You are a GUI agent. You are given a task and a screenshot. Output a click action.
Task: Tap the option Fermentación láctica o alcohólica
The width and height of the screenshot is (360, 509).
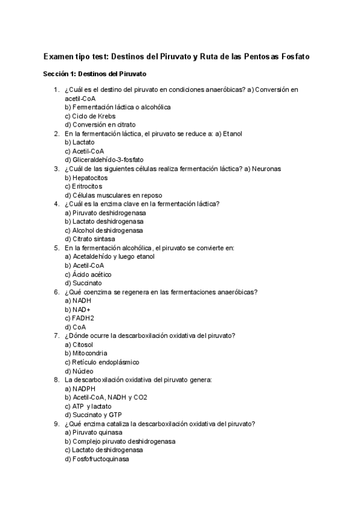[x=109, y=107]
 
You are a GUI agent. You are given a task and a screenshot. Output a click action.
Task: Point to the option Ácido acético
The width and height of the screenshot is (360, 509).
[x=88, y=274]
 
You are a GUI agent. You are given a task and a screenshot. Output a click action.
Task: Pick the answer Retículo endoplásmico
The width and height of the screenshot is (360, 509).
[x=101, y=362]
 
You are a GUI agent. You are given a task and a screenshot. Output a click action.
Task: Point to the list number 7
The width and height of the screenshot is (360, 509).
[x=56, y=336]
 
